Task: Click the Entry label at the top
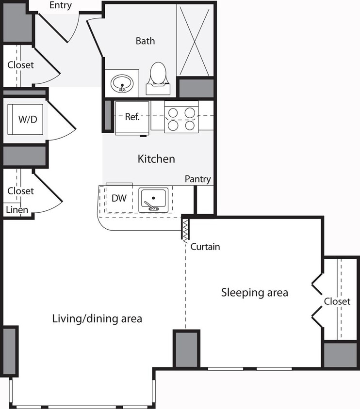[x=61, y=6]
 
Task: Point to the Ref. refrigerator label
[x=132, y=117]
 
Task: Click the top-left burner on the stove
[x=173, y=113]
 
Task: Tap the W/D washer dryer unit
[x=27, y=119]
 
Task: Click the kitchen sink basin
[x=154, y=199]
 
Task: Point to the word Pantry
[x=198, y=179]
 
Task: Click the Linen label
[x=17, y=210]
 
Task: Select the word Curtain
[x=205, y=247]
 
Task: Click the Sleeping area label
[x=255, y=292]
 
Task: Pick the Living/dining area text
[x=97, y=318]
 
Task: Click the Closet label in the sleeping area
[x=337, y=301]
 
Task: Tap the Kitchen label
[x=156, y=158]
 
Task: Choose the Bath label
[x=145, y=41]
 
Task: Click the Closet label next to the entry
[x=20, y=64]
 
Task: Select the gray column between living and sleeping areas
[x=186, y=349]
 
